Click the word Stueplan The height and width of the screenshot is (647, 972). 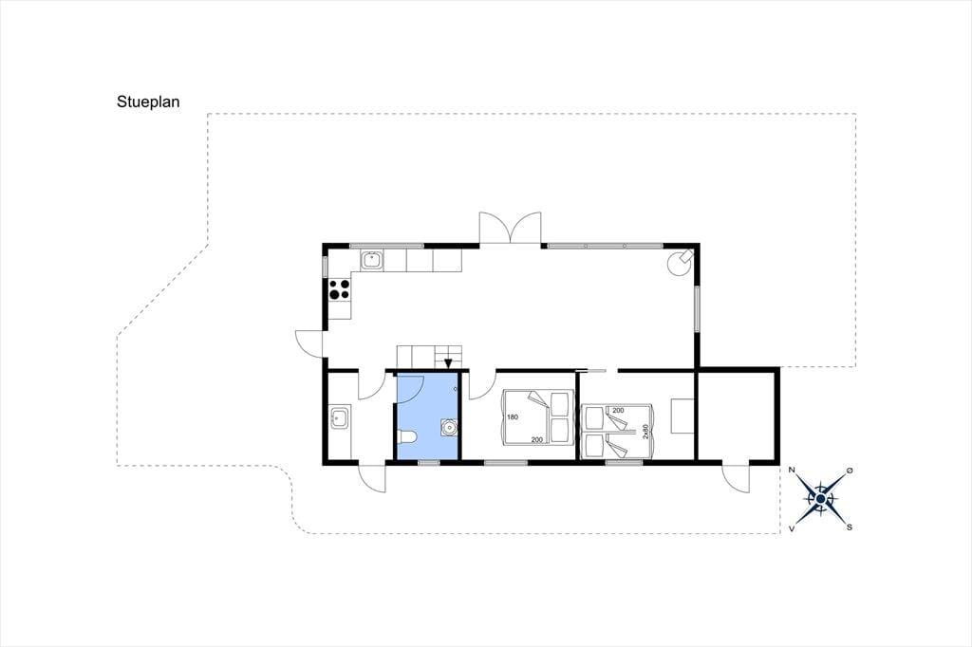(148, 102)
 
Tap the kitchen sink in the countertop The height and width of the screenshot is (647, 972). (372, 261)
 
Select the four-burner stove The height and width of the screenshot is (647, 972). (339, 288)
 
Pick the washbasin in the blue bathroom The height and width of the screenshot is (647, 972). (449, 427)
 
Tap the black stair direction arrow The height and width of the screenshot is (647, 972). (448, 363)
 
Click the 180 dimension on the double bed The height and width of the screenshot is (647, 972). (512, 417)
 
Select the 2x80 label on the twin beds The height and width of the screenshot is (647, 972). (645, 432)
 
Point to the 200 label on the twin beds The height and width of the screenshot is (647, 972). (618, 410)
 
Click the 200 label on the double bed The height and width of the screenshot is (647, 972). (537, 439)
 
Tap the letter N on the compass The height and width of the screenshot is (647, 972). (792, 470)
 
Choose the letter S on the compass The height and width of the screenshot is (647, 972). (850, 527)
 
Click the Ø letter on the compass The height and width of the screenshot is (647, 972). (850, 471)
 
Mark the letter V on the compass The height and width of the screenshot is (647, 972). (792, 528)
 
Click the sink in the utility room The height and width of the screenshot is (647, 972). (339, 417)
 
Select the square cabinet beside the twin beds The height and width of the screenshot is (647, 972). (682, 416)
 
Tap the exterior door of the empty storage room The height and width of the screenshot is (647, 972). (736, 477)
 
